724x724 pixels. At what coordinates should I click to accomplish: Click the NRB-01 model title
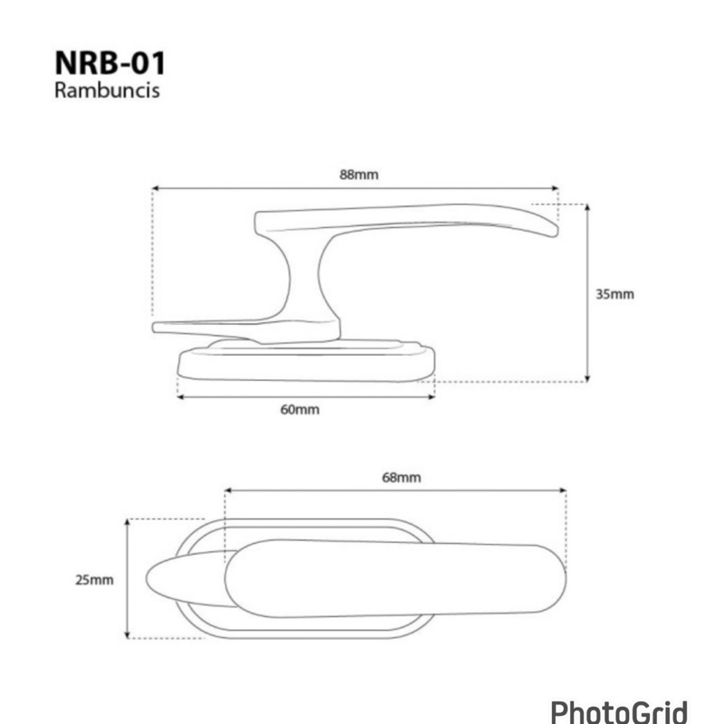[110, 62]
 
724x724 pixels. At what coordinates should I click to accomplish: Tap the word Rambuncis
[107, 90]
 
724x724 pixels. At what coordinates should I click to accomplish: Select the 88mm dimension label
[358, 175]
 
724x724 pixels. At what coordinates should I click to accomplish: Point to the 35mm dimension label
[614, 294]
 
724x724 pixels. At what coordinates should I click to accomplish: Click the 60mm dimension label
[300, 410]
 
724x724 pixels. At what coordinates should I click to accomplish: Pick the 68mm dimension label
[401, 478]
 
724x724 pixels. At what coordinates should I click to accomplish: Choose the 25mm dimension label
[94, 580]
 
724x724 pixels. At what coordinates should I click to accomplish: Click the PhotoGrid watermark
[619, 711]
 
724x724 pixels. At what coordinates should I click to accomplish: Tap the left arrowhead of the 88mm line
[156, 188]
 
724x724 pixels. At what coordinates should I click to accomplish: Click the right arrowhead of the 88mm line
[555, 188]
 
